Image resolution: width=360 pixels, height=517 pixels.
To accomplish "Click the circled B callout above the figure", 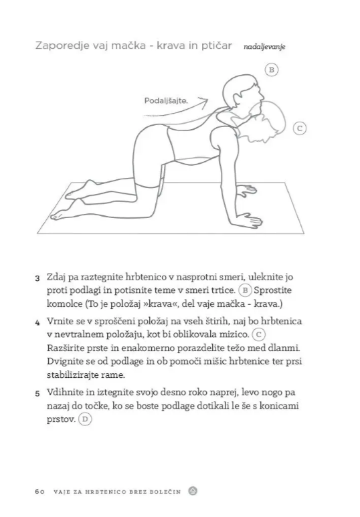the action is (271, 70).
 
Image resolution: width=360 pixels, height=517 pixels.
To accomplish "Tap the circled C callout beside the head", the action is (300, 128).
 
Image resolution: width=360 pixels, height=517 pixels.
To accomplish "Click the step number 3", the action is (37, 278).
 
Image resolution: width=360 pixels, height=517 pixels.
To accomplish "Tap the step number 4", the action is (37, 322).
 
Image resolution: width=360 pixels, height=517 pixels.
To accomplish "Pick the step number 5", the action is (37, 394).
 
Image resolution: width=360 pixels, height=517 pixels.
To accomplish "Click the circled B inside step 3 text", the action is (245, 291).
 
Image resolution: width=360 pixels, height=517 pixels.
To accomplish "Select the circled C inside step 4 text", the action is (260, 334).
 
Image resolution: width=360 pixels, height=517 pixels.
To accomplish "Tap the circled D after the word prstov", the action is (84, 419).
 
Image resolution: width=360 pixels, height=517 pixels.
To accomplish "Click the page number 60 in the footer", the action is (39, 490).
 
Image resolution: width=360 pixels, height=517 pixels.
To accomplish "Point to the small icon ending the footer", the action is (192, 490).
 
